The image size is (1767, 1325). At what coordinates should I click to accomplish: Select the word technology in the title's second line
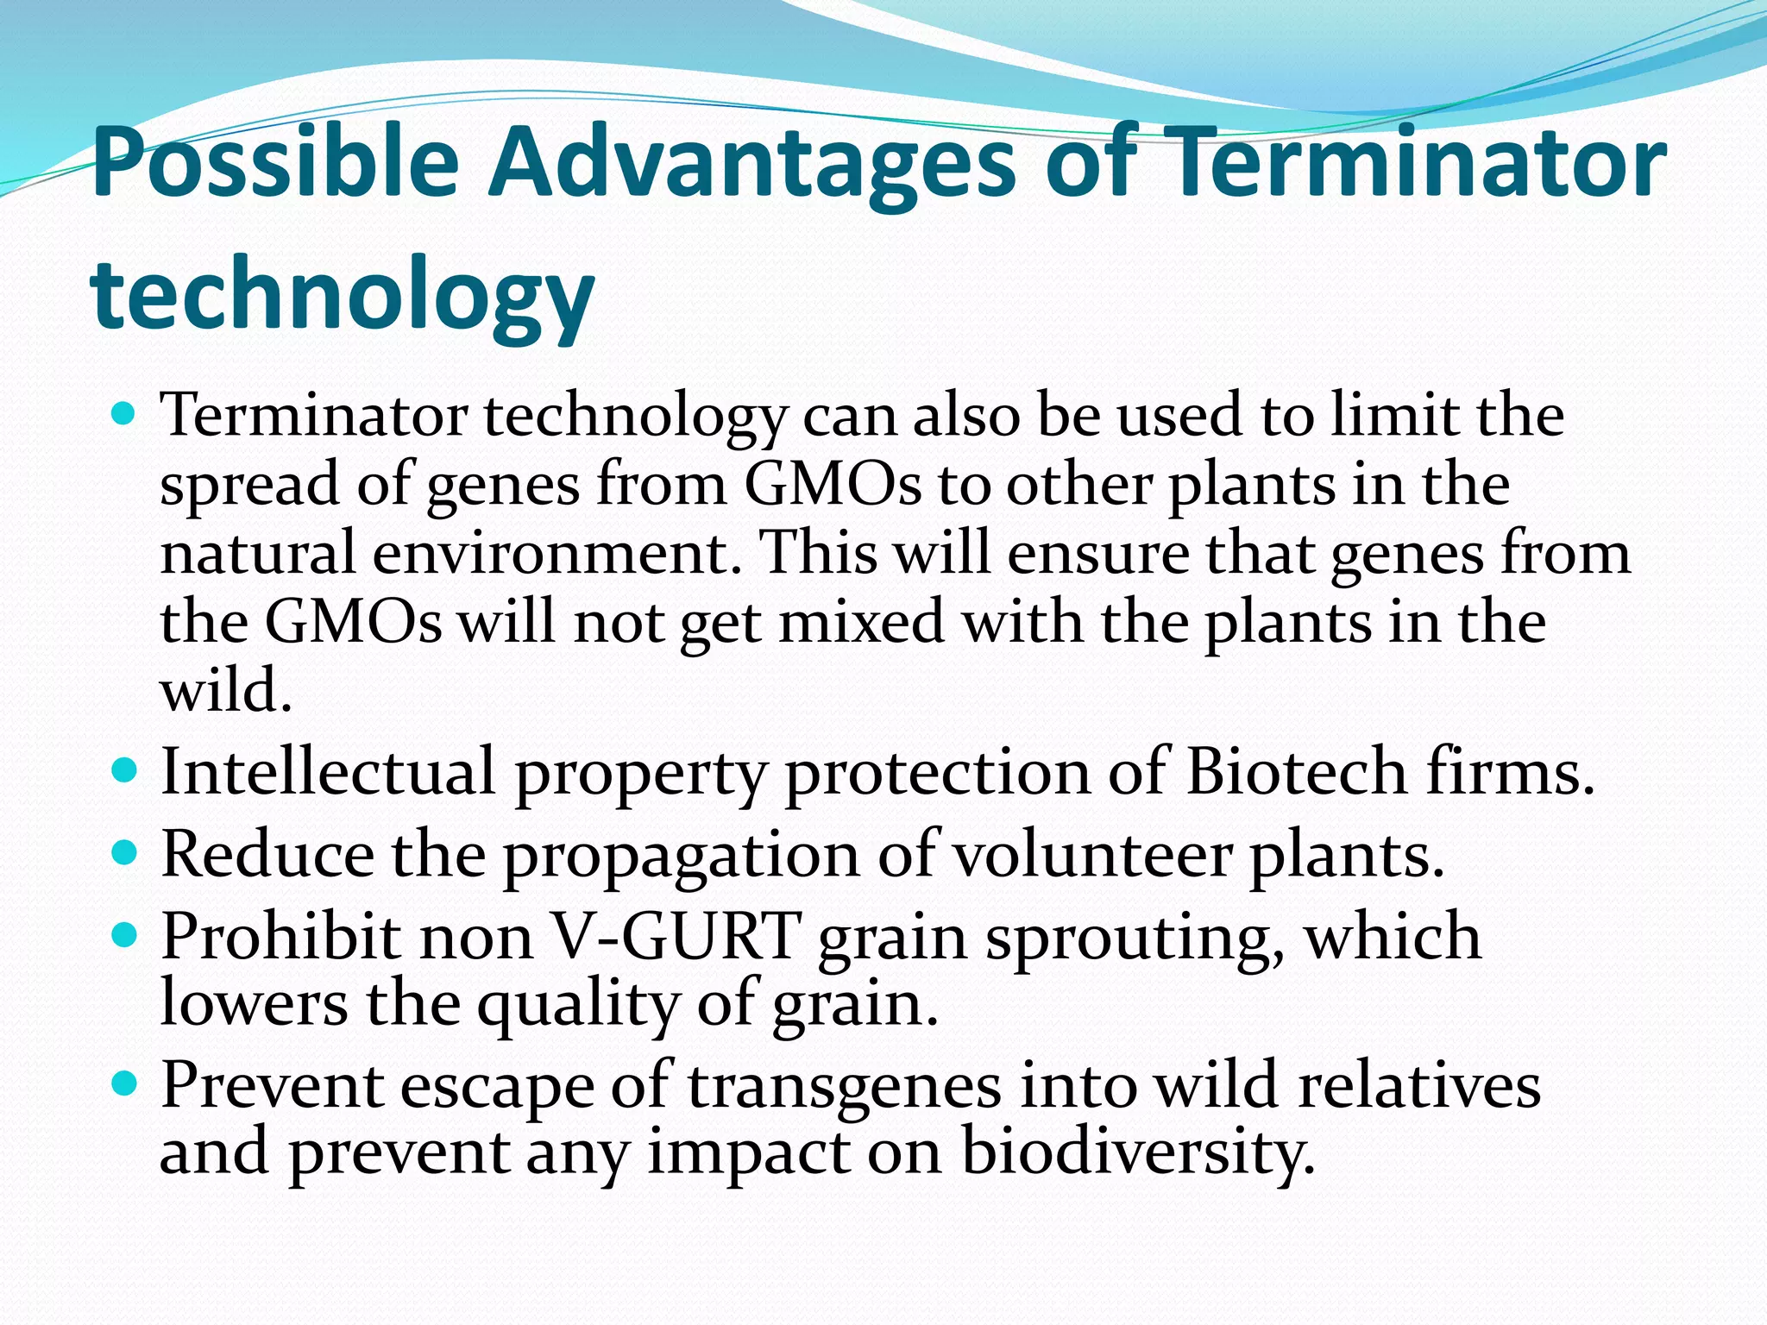click(343, 293)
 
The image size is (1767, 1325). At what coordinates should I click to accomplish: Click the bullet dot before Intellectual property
click(125, 769)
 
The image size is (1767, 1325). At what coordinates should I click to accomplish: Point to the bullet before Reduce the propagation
click(125, 853)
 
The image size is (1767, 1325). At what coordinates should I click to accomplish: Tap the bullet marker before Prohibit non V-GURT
click(125, 935)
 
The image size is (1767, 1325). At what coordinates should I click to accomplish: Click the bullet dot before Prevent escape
click(125, 1083)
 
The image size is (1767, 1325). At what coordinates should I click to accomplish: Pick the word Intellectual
click(328, 770)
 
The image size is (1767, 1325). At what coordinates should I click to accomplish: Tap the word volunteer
click(1092, 855)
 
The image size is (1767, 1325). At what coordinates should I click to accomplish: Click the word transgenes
click(845, 1085)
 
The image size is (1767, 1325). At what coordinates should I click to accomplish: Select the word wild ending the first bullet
click(225, 690)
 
